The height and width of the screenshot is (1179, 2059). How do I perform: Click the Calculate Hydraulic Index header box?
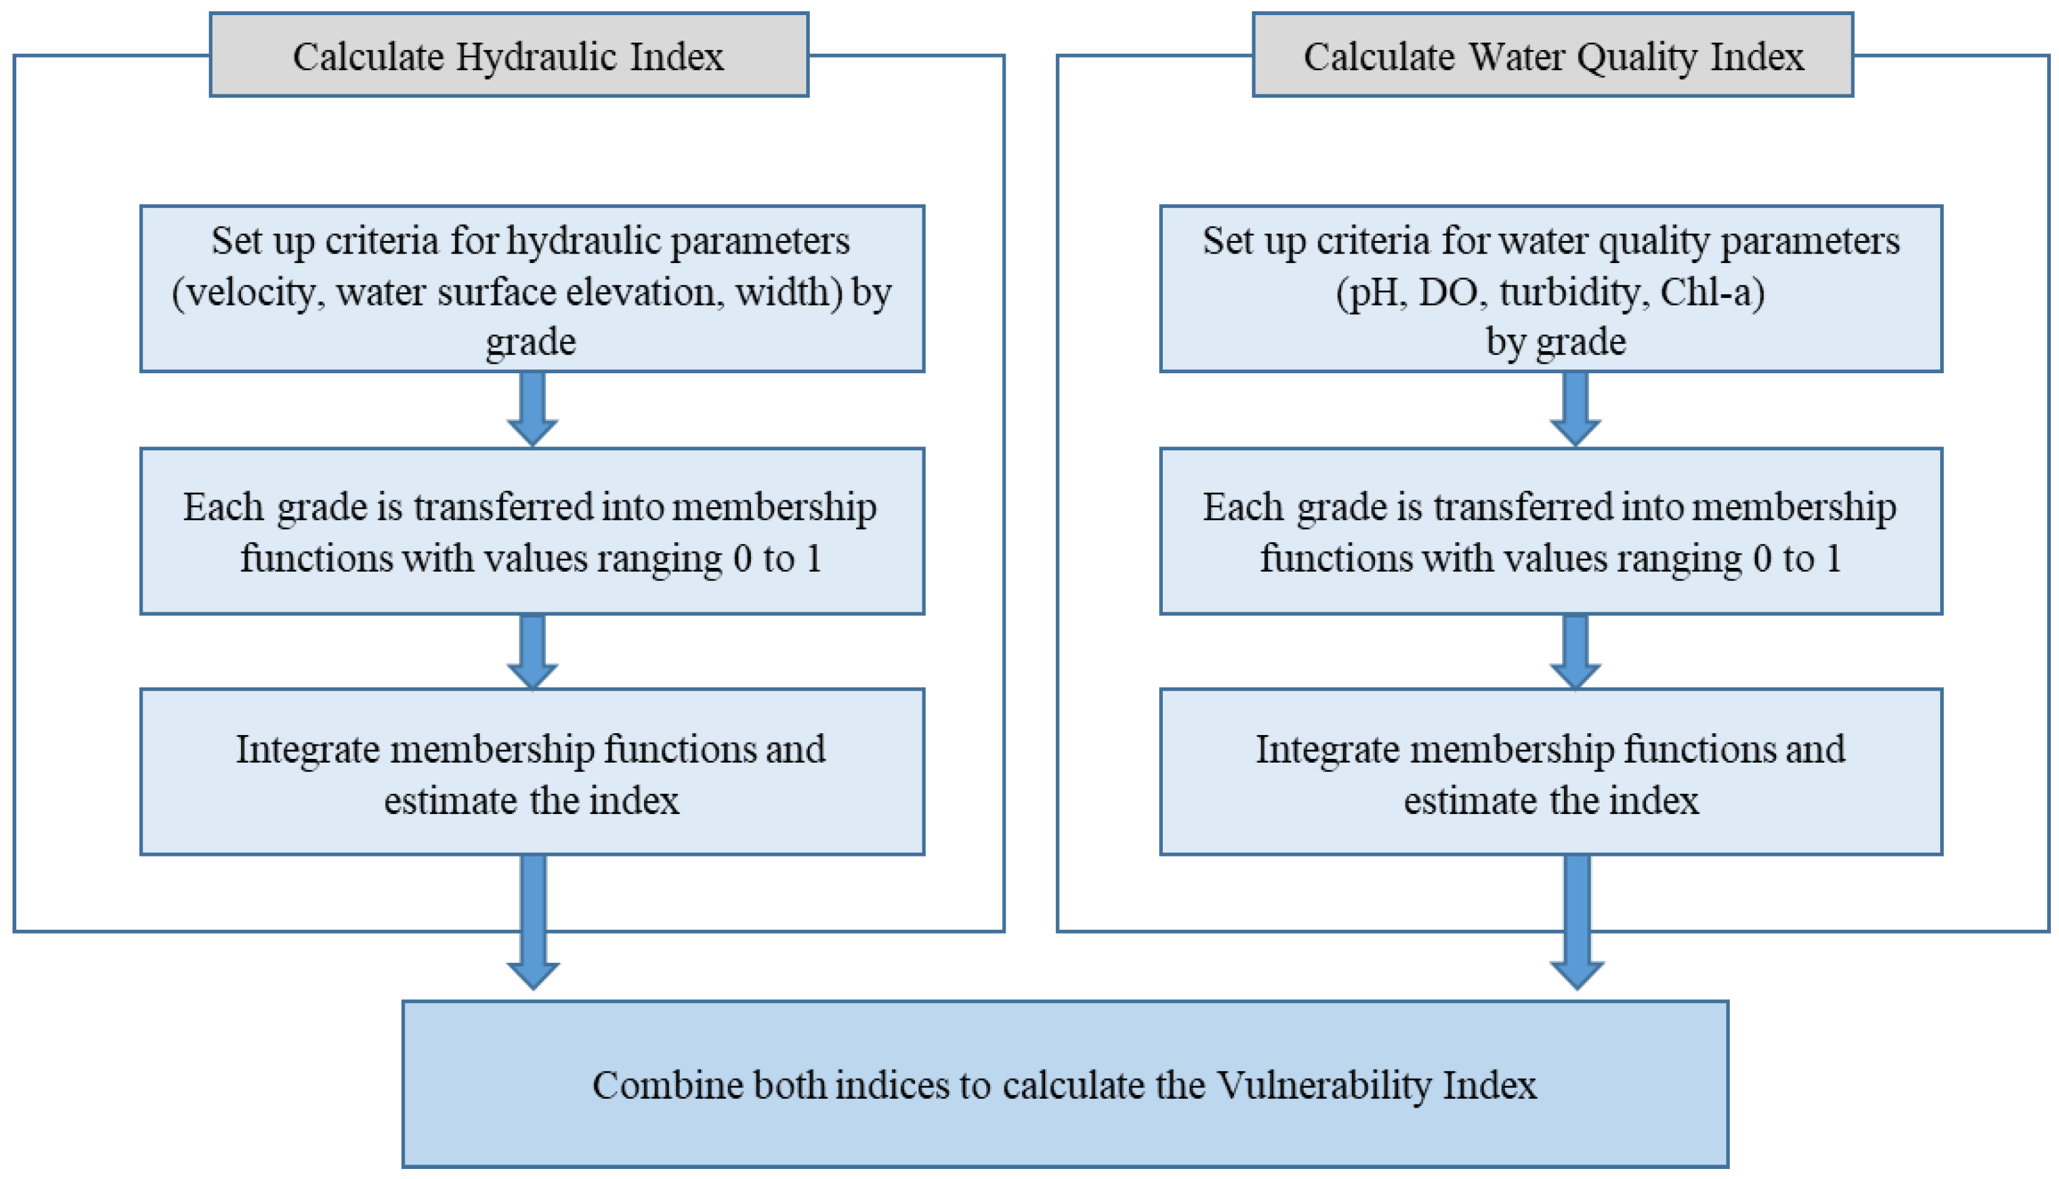coord(508,55)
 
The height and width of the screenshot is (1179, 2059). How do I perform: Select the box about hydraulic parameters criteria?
coord(532,289)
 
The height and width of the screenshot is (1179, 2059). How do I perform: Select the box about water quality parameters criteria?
coord(1551,289)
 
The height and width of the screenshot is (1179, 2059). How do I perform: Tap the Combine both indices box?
coord(1065,1084)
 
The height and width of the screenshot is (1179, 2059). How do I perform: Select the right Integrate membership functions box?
coord(1551,771)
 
